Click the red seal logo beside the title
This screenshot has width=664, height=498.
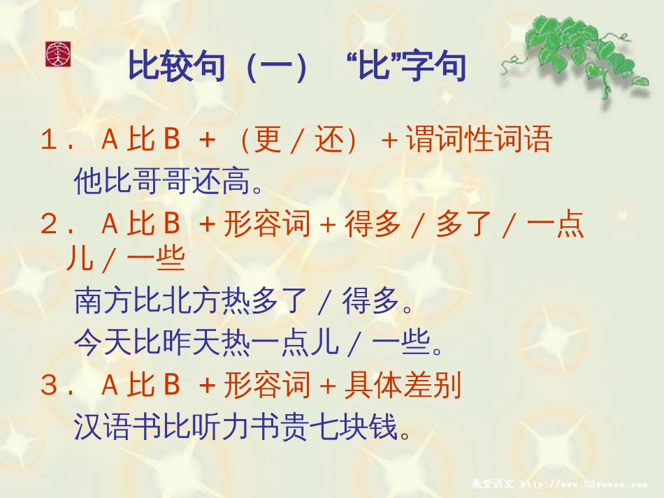(x=58, y=54)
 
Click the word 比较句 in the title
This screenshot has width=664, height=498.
(x=176, y=66)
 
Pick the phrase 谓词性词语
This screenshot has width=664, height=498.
(x=479, y=139)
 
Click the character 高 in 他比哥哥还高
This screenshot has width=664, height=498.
(x=235, y=181)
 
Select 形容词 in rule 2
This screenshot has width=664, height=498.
(x=267, y=224)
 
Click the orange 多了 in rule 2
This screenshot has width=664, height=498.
(x=463, y=224)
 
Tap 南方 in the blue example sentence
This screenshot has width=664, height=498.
(x=103, y=300)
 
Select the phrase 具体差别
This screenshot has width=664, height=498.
(x=403, y=385)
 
